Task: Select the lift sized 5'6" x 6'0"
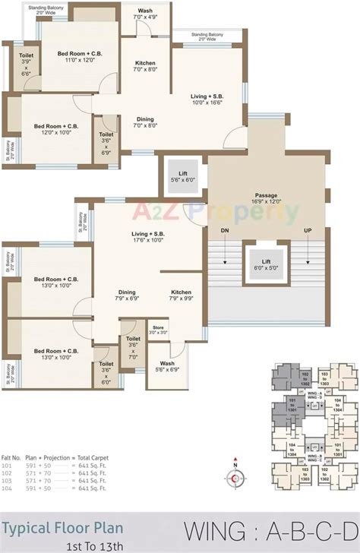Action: (183, 178)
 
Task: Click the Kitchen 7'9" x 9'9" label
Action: (181, 295)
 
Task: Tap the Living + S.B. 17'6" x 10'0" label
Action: (149, 238)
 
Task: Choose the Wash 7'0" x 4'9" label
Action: (145, 14)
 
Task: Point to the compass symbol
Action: (235, 477)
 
